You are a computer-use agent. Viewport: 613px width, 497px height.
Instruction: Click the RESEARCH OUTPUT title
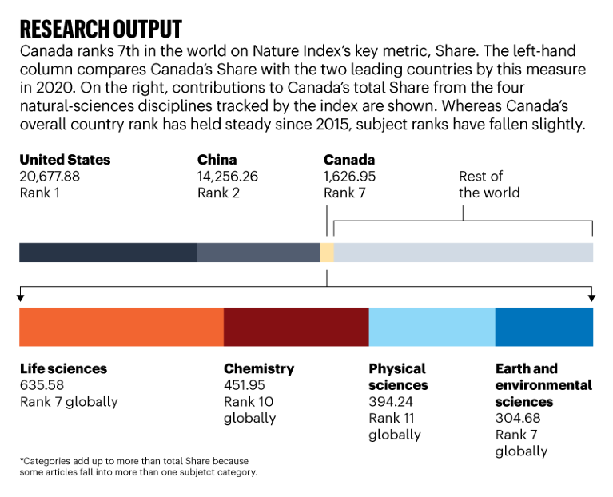click(101, 30)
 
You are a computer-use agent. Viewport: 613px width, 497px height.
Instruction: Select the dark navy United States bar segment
click(108, 252)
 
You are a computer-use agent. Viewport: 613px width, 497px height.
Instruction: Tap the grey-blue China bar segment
click(258, 252)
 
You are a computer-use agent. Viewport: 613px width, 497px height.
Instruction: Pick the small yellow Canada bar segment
click(327, 252)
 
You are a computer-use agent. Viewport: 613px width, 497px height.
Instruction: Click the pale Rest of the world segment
click(464, 252)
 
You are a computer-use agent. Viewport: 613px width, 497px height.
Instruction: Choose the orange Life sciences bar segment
click(121, 326)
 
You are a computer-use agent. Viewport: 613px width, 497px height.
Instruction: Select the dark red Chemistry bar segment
click(296, 326)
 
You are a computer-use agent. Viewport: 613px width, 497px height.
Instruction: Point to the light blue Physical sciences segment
click(432, 326)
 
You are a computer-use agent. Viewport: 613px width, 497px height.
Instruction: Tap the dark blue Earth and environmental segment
click(544, 326)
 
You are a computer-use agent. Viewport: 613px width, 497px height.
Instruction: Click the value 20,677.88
click(50, 177)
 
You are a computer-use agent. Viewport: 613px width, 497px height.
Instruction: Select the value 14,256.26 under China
click(228, 177)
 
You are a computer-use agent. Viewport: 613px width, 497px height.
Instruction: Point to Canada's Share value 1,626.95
click(350, 177)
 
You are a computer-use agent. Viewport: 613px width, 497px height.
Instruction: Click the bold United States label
click(65, 160)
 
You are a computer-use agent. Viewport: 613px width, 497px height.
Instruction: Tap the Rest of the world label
click(489, 185)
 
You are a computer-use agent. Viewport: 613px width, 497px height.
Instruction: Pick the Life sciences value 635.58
click(42, 385)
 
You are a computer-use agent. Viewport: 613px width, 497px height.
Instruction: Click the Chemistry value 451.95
click(245, 385)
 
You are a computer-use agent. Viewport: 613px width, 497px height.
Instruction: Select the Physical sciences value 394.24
click(391, 402)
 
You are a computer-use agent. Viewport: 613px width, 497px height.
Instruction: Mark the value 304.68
click(517, 419)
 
